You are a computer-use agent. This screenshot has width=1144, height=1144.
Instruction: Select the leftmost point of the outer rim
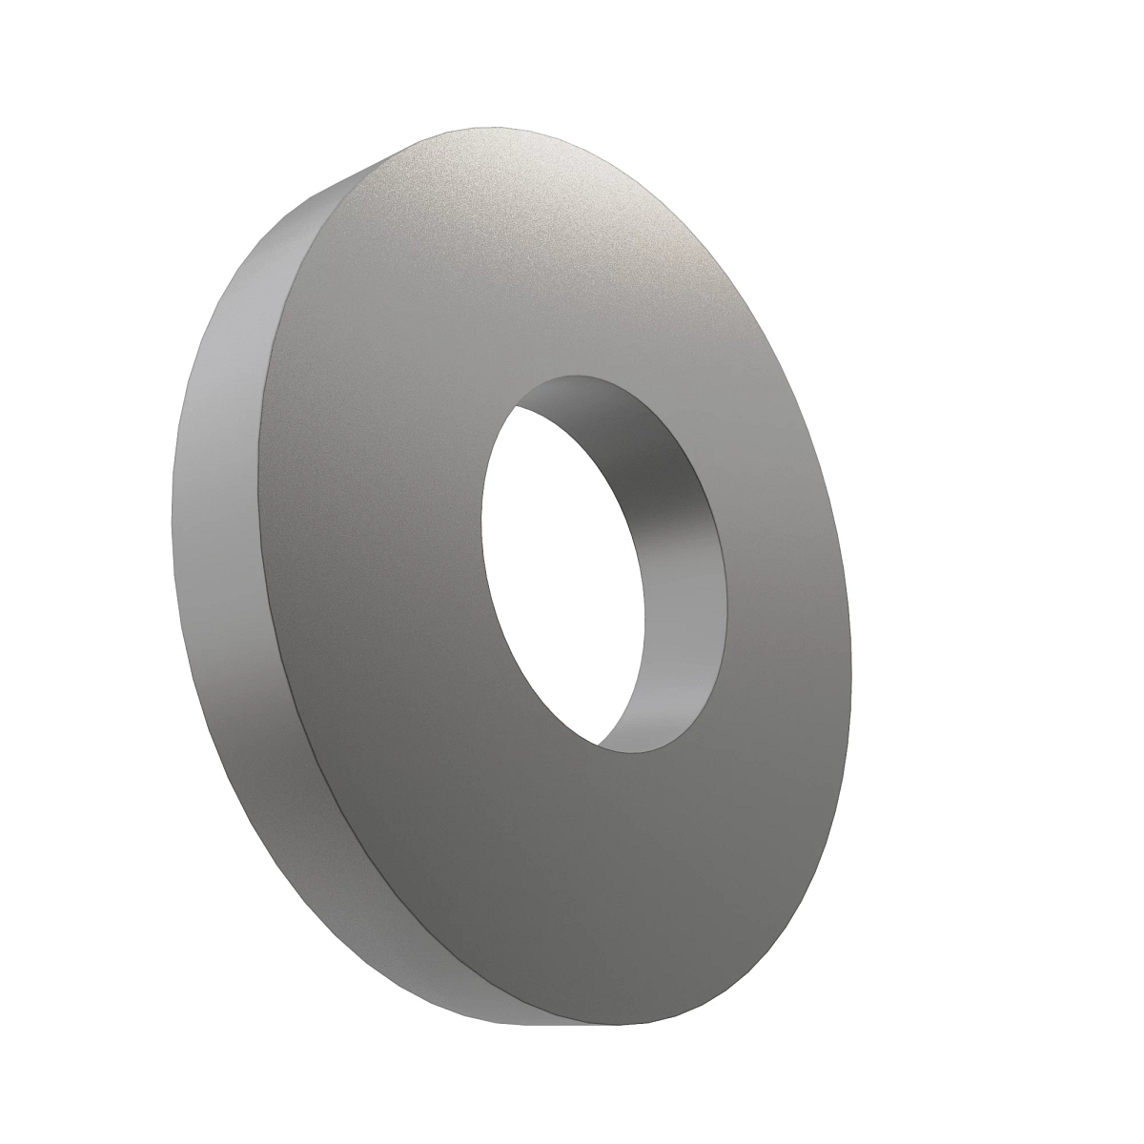(171, 534)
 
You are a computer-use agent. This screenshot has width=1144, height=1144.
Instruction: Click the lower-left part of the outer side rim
(276, 820)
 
